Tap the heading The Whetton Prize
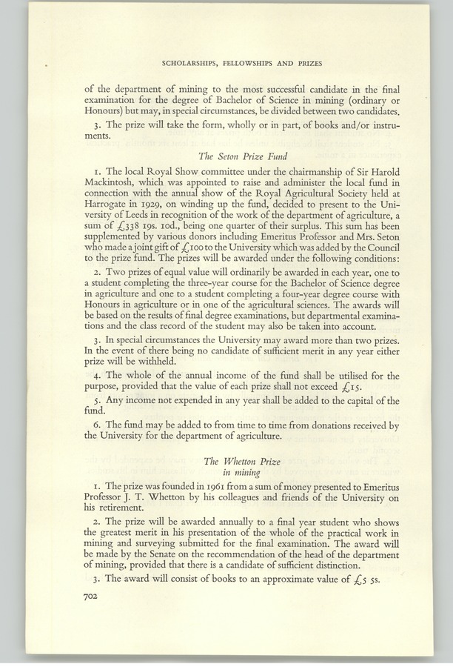pyautogui.click(x=242, y=461)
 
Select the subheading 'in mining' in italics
pyautogui.click(x=241, y=473)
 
